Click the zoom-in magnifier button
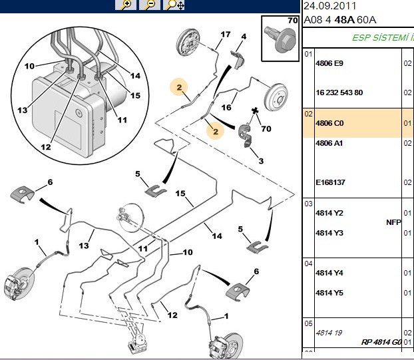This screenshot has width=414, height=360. click(126, 5)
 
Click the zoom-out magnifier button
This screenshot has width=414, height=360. click(150, 5)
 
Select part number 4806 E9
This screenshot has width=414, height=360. click(329, 63)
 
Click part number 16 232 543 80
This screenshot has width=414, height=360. click(339, 92)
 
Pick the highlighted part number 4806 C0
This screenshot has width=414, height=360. click(329, 123)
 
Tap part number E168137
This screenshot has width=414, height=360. click(330, 182)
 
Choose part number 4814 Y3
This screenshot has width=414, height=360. click(329, 233)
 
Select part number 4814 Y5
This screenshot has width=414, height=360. click(329, 293)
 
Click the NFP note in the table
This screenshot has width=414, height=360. click(393, 222)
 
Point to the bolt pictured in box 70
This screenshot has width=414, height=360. click(280, 39)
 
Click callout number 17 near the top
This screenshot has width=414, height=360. click(226, 35)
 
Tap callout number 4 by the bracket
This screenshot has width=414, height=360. click(244, 37)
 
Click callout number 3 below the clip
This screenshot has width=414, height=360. click(261, 161)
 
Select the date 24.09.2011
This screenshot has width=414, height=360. click(329, 6)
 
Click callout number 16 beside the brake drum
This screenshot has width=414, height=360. click(226, 107)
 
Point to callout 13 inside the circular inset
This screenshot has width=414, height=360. click(23, 110)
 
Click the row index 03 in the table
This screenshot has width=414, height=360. click(308, 204)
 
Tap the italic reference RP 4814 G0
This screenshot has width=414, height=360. click(381, 342)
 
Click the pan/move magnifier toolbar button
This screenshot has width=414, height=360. click(174, 5)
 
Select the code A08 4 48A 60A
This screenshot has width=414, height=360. click(340, 20)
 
